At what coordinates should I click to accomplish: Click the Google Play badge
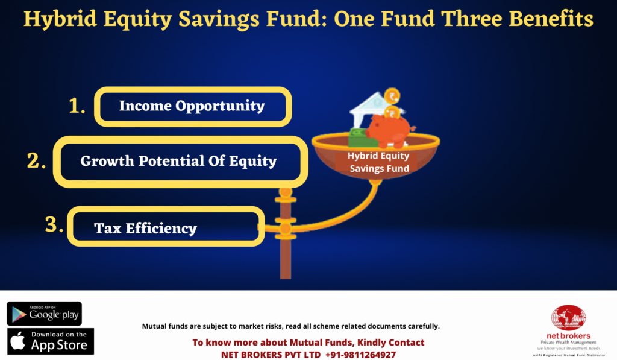(44, 314)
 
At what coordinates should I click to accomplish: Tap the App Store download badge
(51, 341)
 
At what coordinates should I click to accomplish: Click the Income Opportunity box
(193, 107)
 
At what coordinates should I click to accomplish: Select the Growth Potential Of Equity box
(181, 162)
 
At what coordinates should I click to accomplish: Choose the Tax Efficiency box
(166, 227)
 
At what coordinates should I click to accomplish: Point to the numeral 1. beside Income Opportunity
(77, 106)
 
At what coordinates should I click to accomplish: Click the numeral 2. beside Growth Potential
(36, 160)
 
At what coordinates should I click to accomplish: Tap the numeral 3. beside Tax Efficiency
(54, 224)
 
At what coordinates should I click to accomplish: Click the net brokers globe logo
(568, 317)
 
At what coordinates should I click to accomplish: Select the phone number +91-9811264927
(360, 355)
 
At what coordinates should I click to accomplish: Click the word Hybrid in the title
(60, 19)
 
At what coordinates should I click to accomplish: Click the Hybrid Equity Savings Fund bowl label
(378, 162)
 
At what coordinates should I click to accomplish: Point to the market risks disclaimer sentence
(291, 326)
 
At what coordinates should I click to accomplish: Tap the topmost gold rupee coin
(392, 96)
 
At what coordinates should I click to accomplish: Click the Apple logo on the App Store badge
(17, 341)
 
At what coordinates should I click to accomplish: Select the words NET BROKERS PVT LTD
(271, 355)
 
